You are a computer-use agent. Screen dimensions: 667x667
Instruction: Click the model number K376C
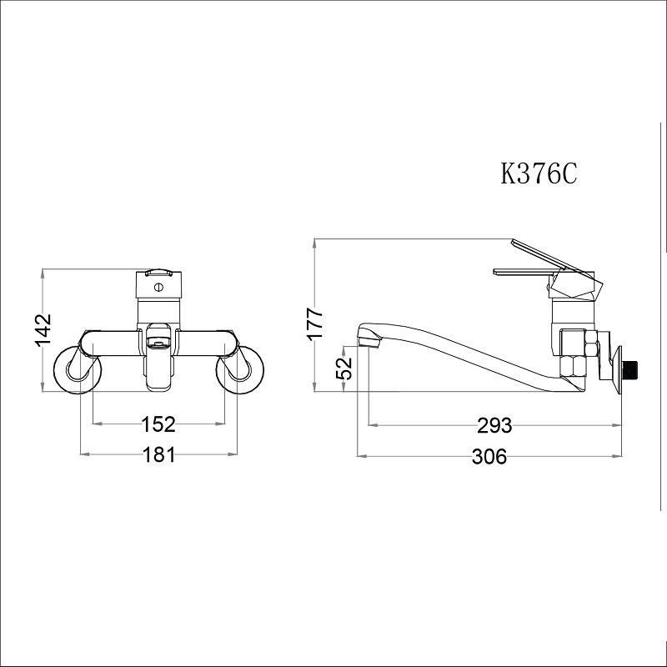tap(539, 174)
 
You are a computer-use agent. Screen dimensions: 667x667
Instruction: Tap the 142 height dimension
tap(43, 329)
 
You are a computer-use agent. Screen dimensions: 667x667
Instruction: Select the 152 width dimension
tap(158, 424)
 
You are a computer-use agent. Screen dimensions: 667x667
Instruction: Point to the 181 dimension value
tap(158, 455)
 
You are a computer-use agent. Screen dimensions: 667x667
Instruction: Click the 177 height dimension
tap(314, 323)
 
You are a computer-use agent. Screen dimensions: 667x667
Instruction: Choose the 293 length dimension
tap(494, 425)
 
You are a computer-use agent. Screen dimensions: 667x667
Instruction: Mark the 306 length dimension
tap(489, 456)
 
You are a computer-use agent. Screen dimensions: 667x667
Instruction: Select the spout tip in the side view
tap(367, 338)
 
